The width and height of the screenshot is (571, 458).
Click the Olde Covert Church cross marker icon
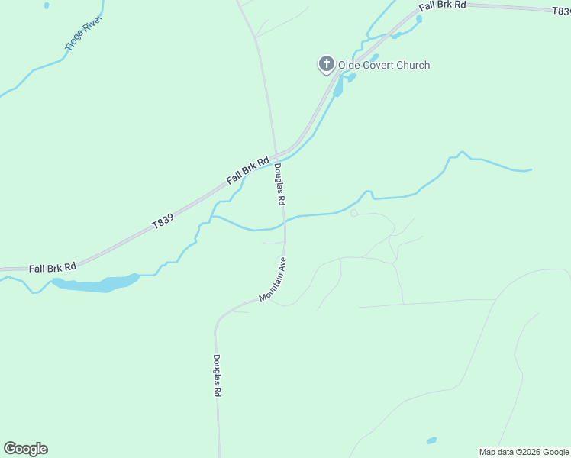[327, 64]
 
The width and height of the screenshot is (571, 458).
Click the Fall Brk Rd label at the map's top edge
[442, 5]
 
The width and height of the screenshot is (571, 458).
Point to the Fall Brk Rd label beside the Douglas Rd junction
[248, 171]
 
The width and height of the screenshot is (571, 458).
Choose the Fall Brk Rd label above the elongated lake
[53, 268]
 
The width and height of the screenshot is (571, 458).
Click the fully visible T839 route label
[163, 221]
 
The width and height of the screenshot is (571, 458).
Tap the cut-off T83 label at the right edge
[562, 11]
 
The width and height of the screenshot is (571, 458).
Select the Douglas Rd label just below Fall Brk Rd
[280, 185]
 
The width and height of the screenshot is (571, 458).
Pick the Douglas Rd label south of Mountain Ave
[217, 376]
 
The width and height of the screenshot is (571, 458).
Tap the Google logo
[25, 449]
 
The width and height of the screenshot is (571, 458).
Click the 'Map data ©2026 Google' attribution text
[524, 452]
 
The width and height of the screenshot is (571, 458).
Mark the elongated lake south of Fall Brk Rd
[95, 284]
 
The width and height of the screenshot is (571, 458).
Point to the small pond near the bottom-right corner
[431, 440]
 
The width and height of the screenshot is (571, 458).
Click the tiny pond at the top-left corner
[47, 5]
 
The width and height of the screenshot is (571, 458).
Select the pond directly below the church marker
[338, 88]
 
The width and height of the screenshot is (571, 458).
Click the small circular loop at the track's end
[353, 213]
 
